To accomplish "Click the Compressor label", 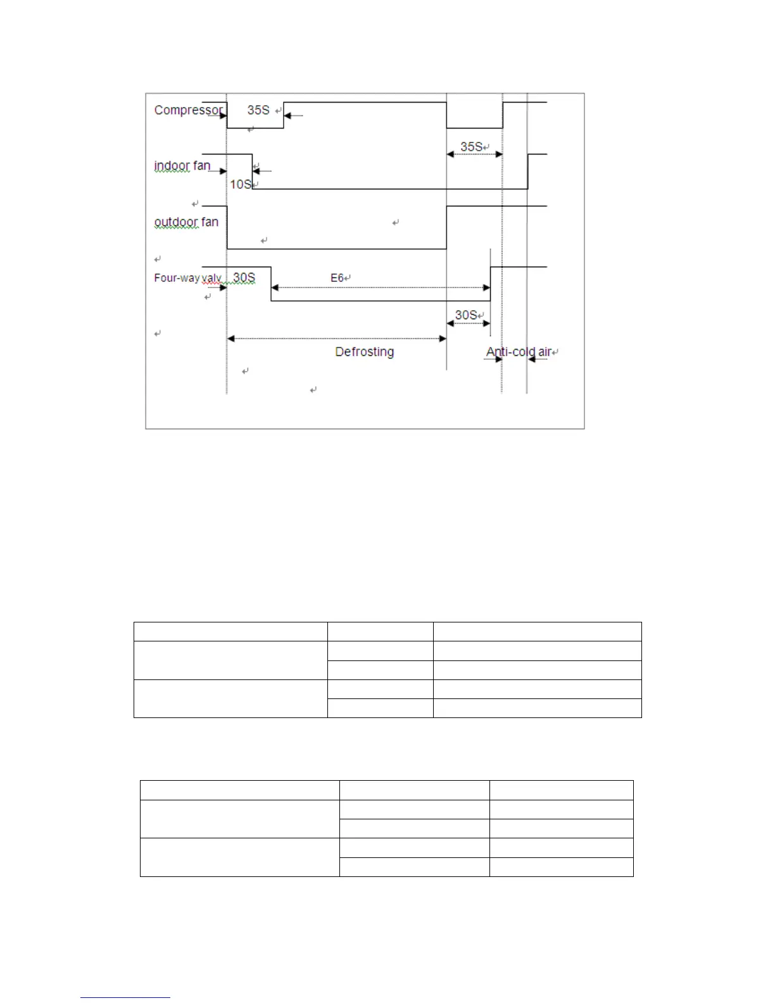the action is click(188, 110).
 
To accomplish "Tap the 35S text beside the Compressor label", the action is click(258, 110).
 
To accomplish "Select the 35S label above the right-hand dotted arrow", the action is click(471, 147).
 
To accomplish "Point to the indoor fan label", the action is click(182, 166).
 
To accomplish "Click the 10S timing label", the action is click(241, 184).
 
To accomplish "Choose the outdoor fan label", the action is click(186, 222).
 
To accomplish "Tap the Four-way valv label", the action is click(188, 278).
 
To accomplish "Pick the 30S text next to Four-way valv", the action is click(244, 278).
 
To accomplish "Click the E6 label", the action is click(337, 278).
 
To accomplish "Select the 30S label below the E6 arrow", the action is click(466, 315).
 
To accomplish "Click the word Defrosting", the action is click(364, 352).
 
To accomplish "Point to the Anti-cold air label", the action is click(519, 352).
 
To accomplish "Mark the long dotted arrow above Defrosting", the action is click(336, 339).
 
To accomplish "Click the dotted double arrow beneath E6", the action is click(381, 288).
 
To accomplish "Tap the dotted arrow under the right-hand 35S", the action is click(474, 155).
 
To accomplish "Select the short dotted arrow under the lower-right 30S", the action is click(469, 324).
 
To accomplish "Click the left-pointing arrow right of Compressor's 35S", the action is click(294, 116).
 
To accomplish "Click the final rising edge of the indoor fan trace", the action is click(528, 171).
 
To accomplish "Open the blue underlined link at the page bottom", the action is click(125, 997).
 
